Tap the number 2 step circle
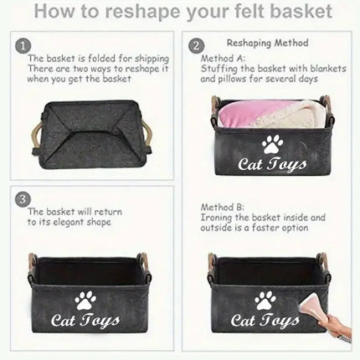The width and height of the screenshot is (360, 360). pyautogui.click(x=196, y=46)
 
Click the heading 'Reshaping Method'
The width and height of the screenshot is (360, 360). pyautogui.click(x=267, y=43)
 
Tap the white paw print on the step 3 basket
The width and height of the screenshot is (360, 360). pyautogui.click(x=85, y=298)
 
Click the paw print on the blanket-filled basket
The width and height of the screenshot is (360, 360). pyautogui.click(x=272, y=144)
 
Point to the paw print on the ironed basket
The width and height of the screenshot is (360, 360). pyautogui.click(x=265, y=299)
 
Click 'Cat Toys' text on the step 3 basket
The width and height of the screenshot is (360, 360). pyautogui.click(x=85, y=320)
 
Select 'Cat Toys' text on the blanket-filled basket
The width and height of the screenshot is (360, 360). pyautogui.click(x=272, y=165)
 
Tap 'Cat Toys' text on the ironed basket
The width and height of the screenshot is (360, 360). pyautogui.click(x=264, y=321)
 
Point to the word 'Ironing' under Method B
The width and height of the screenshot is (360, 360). pyautogui.click(x=216, y=217)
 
